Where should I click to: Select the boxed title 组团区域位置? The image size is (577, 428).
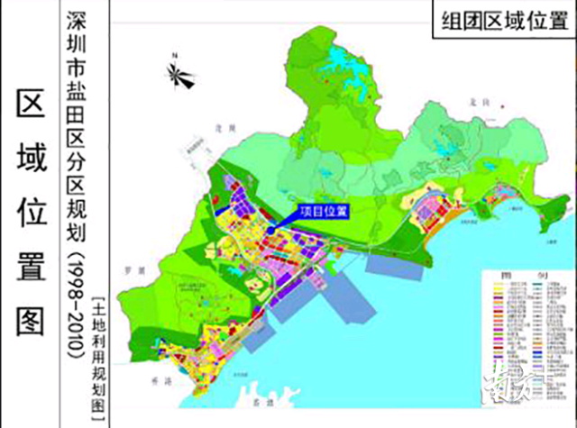pos(495,23)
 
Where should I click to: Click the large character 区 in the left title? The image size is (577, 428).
pos(32,105)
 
